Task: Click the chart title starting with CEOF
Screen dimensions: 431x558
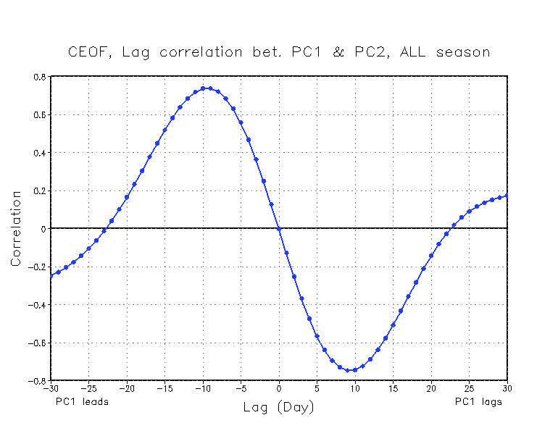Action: pyautogui.click(x=278, y=52)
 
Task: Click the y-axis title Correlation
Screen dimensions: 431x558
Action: pyautogui.click(x=16, y=228)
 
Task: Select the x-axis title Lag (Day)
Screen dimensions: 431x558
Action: pyautogui.click(x=279, y=408)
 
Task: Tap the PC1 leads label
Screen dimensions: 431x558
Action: pyautogui.click(x=82, y=401)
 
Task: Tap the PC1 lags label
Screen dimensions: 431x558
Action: pyautogui.click(x=478, y=401)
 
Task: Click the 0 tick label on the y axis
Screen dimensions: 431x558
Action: pyautogui.click(x=43, y=229)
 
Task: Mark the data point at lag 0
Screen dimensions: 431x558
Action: pyautogui.click(x=279, y=229)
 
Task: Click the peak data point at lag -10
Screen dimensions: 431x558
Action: pyautogui.click(x=203, y=88)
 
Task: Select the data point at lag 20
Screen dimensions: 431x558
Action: pyautogui.click(x=431, y=256)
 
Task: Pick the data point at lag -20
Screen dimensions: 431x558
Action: pyautogui.click(x=127, y=197)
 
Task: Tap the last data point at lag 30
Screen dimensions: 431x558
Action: pyautogui.click(x=507, y=196)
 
